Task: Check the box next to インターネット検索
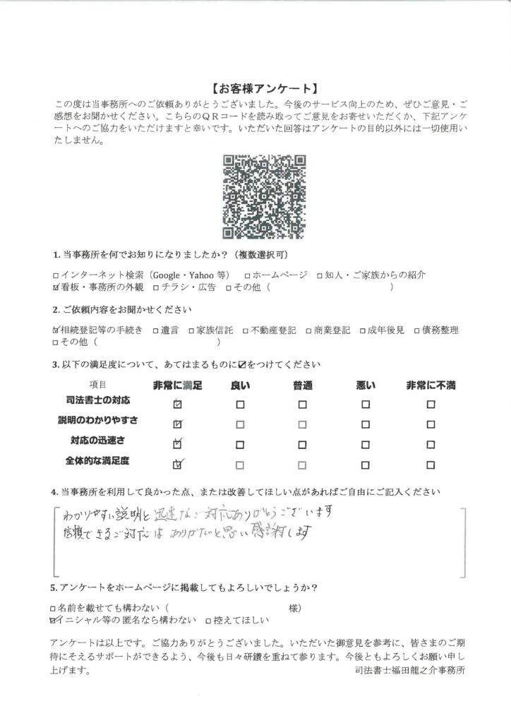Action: (56, 275)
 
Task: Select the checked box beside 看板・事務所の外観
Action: (56, 287)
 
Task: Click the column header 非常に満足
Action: (177, 386)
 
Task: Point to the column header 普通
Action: (303, 386)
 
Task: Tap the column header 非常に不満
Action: (431, 386)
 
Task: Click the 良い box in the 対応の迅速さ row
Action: (240, 445)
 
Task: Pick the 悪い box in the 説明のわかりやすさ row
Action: (366, 424)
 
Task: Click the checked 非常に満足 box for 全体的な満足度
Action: (178, 465)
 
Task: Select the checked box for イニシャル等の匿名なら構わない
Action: (56, 620)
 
